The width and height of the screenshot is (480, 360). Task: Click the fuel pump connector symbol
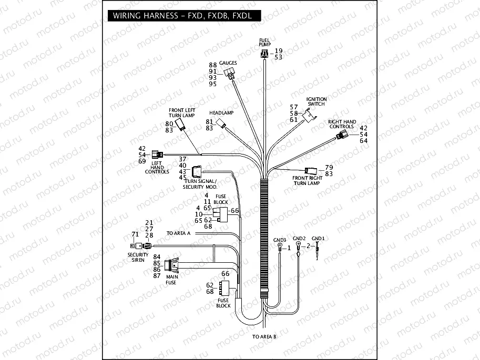pos(264,53)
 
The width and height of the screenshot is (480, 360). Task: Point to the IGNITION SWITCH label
pos(317,101)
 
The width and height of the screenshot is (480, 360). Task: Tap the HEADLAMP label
pos(221,113)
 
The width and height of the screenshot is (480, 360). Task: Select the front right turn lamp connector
pos(310,170)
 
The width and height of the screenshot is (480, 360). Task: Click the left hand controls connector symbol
pos(157,155)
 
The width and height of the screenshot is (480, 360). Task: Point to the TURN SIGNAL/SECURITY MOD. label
pos(199,184)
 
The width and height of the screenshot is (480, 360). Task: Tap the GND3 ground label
pos(280,240)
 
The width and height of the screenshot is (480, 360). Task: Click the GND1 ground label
pos(318,238)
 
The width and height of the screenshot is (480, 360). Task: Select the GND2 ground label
pos(299,238)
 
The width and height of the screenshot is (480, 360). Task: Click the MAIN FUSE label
pos(171,279)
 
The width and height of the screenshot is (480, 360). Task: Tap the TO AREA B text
pos(264,336)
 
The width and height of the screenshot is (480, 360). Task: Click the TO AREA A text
pos(178,233)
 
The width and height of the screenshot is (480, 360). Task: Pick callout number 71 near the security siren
pos(135,234)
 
